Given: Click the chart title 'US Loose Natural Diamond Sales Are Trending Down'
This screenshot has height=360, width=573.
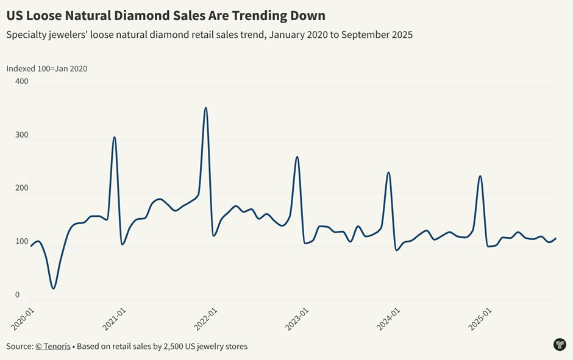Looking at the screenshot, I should (166, 15).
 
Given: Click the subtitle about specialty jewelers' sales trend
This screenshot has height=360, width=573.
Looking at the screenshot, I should (209, 35).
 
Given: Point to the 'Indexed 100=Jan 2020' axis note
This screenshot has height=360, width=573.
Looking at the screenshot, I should (47, 68).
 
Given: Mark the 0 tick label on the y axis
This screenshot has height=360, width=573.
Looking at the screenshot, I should (18, 295).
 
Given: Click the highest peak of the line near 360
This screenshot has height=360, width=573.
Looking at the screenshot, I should (206, 108).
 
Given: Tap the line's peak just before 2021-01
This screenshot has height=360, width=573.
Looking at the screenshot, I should (114, 137).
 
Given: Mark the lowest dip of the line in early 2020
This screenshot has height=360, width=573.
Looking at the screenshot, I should (54, 288).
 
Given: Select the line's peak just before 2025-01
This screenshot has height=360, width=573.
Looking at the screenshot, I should (480, 176).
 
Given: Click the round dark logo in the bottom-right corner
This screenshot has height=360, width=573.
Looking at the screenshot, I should (560, 345).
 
